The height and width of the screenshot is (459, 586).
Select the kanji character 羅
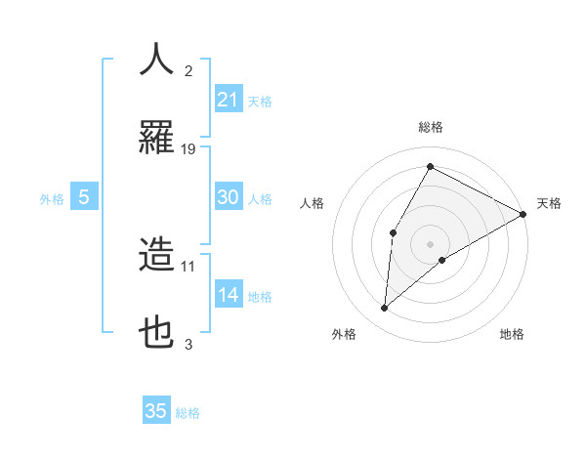coord(157,139)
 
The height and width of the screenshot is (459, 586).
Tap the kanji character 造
coord(157,255)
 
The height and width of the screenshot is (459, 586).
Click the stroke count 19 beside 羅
coord(188,149)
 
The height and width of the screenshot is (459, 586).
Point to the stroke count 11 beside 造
coord(188,266)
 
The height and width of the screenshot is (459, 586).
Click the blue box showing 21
coord(229,99)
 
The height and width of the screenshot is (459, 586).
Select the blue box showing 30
coord(229,197)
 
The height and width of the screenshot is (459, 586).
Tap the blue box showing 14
coord(229,295)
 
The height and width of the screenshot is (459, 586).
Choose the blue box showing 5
coord(84,197)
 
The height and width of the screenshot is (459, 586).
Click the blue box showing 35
coord(156,411)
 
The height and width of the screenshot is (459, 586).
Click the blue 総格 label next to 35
coord(188,413)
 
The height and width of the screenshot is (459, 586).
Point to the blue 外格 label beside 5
coord(52,199)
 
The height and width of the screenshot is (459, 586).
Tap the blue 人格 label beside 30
coord(260,199)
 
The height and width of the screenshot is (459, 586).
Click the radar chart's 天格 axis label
coord(549,204)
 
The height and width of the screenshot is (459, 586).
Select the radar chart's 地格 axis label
coord(512,334)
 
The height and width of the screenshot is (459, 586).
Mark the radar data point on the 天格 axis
coord(523,214)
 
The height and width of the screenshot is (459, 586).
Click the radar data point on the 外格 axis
coord(384,309)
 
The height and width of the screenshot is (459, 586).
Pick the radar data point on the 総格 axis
coord(430,166)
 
